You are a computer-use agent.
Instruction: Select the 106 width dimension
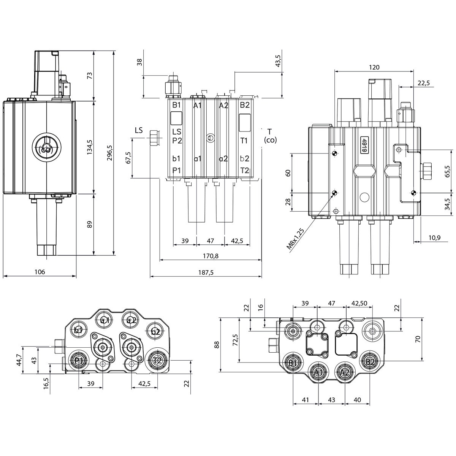[40, 272]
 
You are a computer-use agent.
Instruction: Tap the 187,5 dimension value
[206, 272]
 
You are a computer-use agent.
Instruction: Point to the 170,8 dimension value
[211, 256]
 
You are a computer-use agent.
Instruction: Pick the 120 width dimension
[374, 67]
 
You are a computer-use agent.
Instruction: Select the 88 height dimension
[217, 345]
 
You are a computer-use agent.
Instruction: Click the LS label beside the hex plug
[139, 130]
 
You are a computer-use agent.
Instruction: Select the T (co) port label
[270, 136]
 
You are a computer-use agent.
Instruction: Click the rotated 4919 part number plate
[364, 145]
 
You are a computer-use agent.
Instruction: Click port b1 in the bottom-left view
[79, 330]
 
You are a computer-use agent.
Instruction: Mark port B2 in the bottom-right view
[370, 362]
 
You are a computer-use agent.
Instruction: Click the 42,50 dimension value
[359, 303]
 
